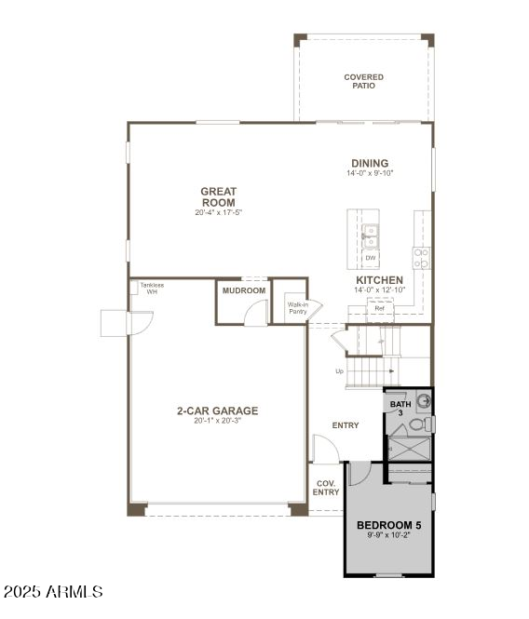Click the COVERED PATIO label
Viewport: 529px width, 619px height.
(x=363, y=81)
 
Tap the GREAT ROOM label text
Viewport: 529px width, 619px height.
(x=218, y=196)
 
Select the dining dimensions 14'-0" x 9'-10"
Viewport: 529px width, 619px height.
(x=370, y=173)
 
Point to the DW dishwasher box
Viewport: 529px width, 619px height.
(x=370, y=258)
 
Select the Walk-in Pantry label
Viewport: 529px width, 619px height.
(x=297, y=308)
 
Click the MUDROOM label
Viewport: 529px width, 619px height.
(x=243, y=290)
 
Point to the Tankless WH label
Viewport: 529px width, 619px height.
(x=151, y=288)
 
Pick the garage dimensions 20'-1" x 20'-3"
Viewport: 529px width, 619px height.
(x=218, y=421)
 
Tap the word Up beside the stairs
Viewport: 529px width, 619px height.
(x=339, y=371)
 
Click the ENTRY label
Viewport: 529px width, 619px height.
(x=346, y=425)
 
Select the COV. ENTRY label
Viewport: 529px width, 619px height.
(x=326, y=488)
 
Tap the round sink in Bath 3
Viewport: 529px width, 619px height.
(x=424, y=401)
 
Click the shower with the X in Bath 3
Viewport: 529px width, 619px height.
(x=408, y=449)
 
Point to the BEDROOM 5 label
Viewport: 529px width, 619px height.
(x=389, y=525)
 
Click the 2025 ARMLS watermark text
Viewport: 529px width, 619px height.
(x=53, y=592)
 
